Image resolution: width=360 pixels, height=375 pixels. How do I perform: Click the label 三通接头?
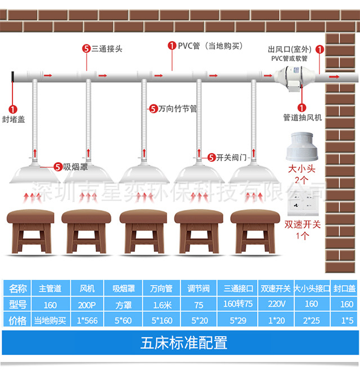106,49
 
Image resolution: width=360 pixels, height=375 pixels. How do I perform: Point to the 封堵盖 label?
13,119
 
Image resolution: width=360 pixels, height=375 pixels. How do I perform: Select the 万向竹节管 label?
177,108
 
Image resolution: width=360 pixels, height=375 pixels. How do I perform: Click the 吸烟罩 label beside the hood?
75,167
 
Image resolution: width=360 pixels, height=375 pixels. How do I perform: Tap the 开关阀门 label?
232,157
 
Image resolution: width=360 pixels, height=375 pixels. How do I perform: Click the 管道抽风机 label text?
302,118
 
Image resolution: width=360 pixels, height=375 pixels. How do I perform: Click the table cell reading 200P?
90,305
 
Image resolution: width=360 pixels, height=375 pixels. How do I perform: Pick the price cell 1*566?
90,320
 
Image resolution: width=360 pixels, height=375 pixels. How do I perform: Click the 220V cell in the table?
275,305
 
